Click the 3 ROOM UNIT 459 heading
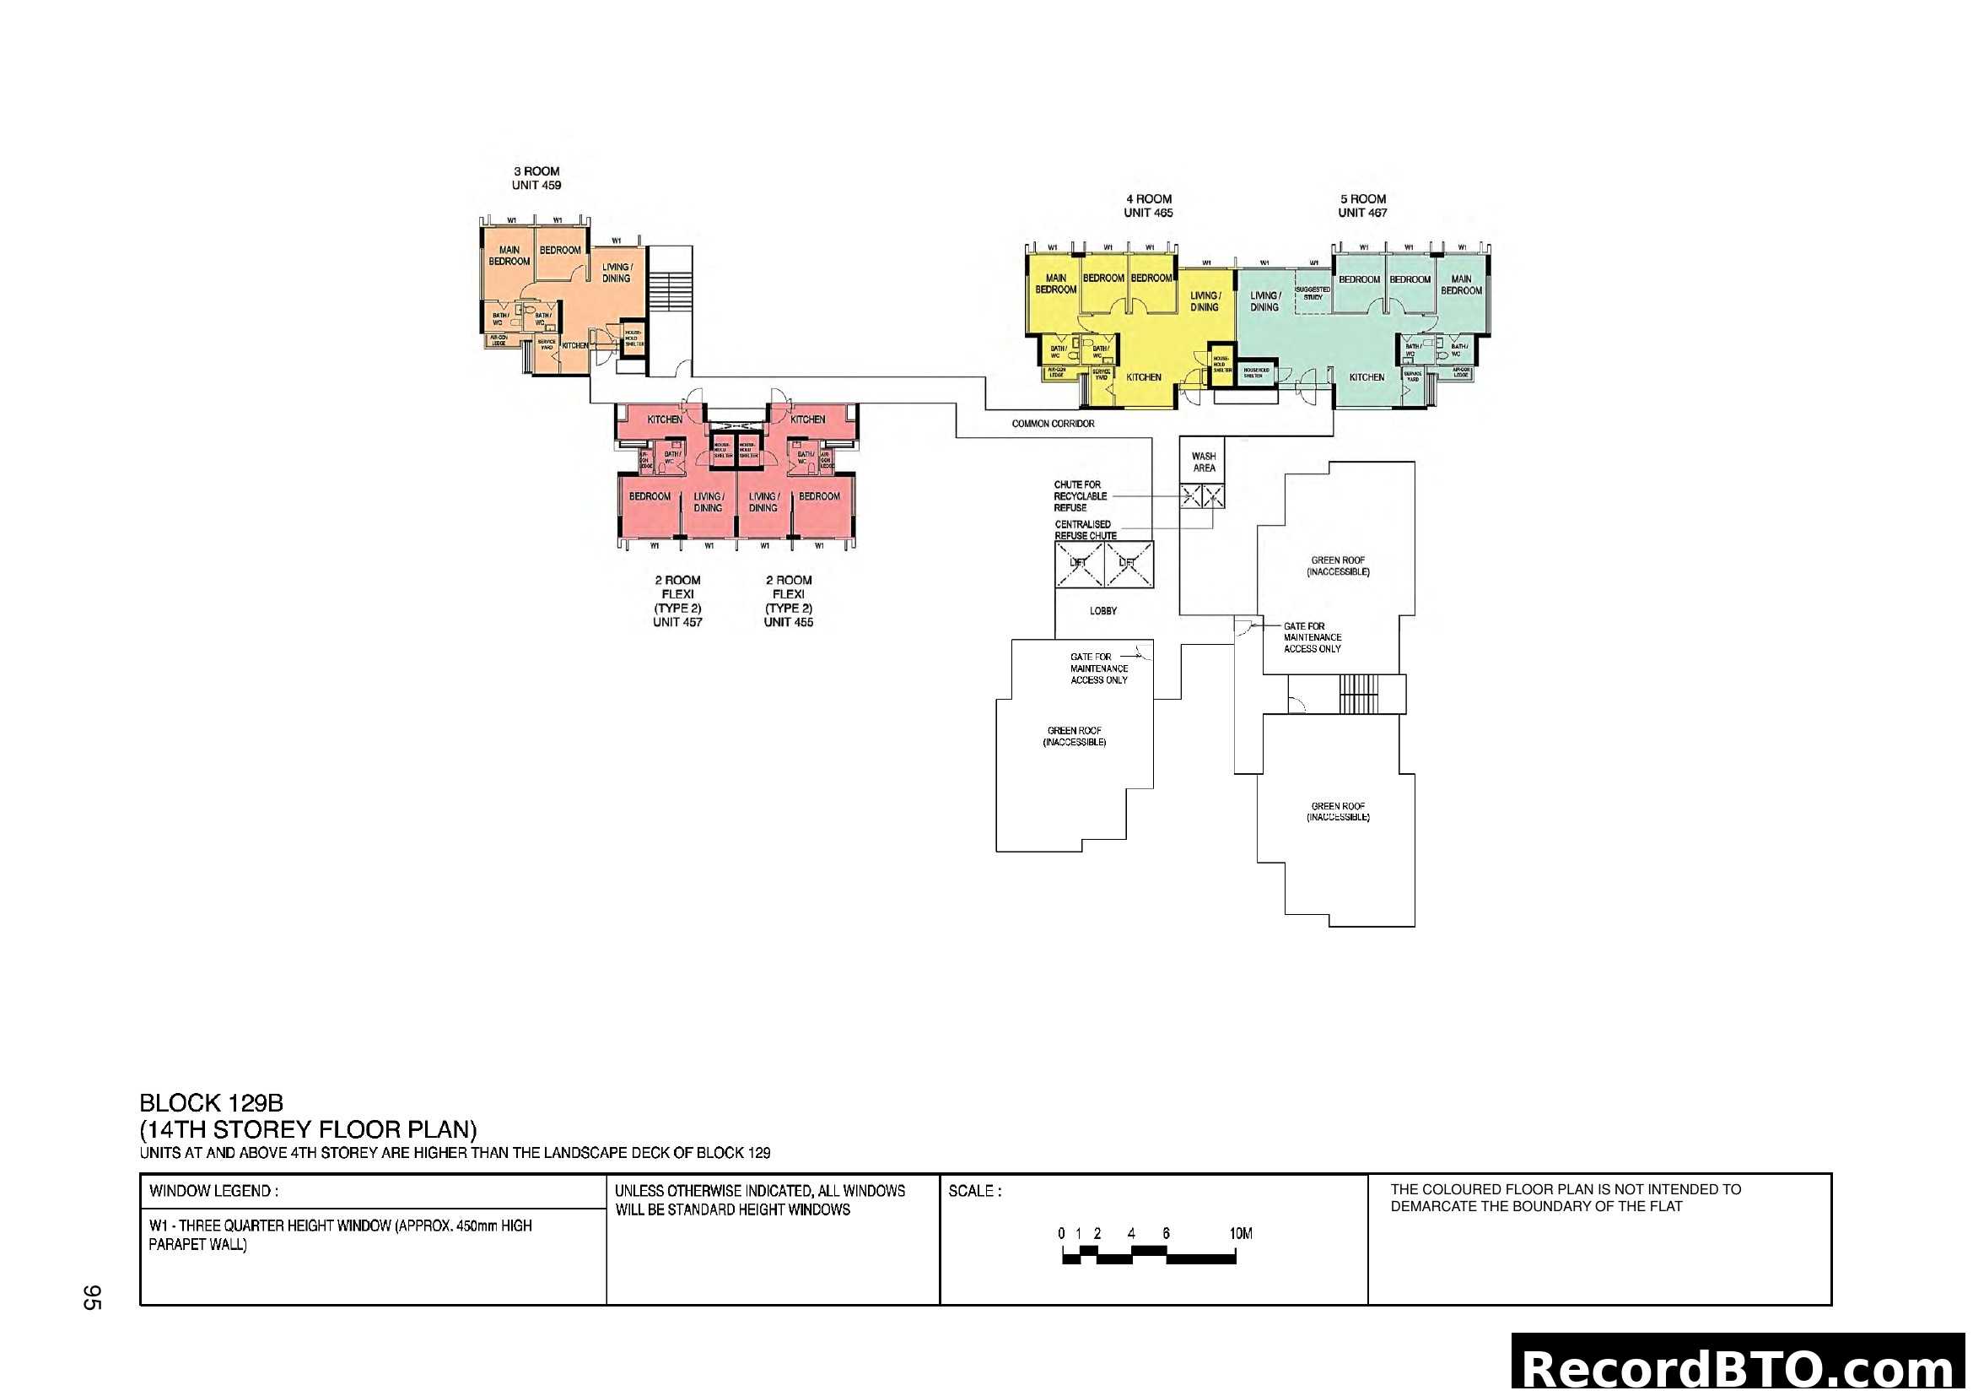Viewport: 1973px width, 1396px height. pyautogui.click(x=536, y=178)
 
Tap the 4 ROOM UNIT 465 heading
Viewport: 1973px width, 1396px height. pyautogui.click(x=1148, y=205)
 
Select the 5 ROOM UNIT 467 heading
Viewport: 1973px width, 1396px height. pyautogui.click(x=1362, y=205)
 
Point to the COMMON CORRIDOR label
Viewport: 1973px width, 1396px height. pyautogui.click(x=1053, y=424)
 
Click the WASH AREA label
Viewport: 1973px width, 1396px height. pyautogui.click(x=1204, y=463)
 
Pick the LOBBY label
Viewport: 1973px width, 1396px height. pyautogui.click(x=1103, y=611)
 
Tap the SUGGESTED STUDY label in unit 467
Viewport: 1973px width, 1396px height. pyautogui.click(x=1313, y=293)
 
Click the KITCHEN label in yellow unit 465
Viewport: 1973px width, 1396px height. pyautogui.click(x=1144, y=377)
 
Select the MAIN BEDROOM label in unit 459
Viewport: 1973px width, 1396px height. pyautogui.click(x=509, y=255)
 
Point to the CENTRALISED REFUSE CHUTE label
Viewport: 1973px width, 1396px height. pyautogui.click(x=1086, y=530)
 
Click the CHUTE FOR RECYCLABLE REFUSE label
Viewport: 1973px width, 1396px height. pyautogui.click(x=1080, y=496)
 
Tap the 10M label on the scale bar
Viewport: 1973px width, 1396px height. pyautogui.click(x=1241, y=1234)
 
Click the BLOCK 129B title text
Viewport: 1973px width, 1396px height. pyautogui.click(x=212, y=1103)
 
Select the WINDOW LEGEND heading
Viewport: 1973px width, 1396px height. pyautogui.click(x=213, y=1192)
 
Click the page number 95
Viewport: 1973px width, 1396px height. pyautogui.click(x=92, y=1297)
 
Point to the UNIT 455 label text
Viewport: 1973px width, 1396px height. pyautogui.click(x=788, y=621)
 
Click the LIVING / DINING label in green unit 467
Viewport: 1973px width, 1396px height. pyautogui.click(x=1264, y=300)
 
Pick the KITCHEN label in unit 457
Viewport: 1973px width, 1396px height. pyautogui.click(x=664, y=419)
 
